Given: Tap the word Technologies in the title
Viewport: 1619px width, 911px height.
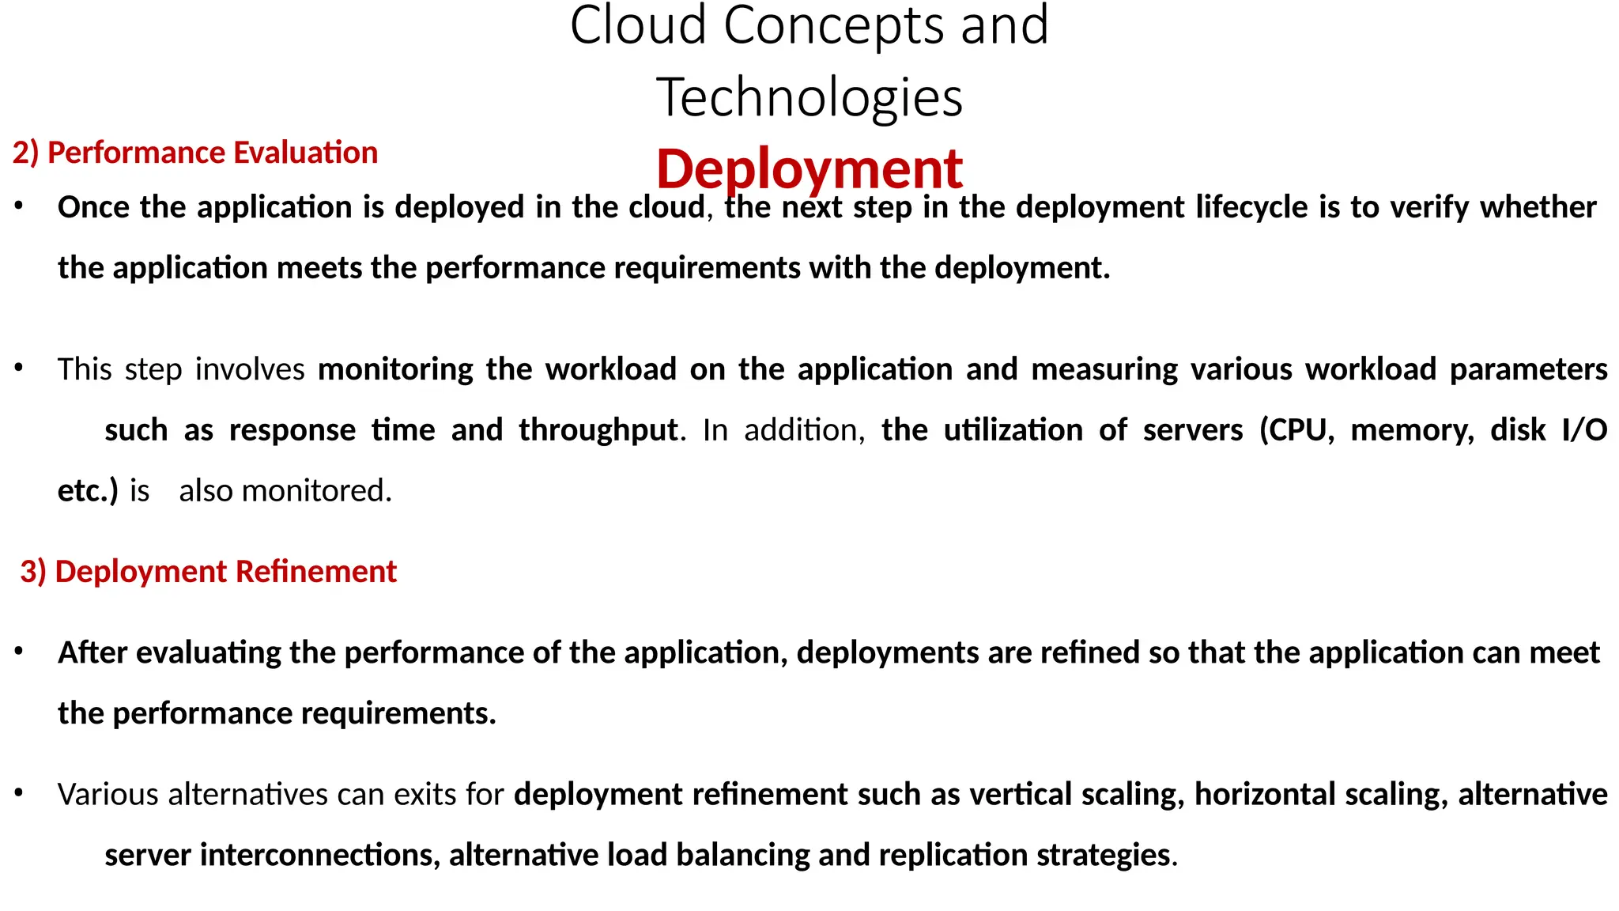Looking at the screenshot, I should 809,98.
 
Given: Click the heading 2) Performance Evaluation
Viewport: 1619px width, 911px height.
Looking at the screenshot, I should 195,153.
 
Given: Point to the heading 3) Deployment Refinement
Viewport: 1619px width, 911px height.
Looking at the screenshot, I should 209,572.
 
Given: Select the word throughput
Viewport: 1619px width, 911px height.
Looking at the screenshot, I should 598,431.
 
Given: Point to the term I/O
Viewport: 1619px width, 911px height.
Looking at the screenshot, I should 1584,430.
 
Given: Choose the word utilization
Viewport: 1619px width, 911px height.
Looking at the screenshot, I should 1013,430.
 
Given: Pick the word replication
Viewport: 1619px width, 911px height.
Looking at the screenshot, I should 953,856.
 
